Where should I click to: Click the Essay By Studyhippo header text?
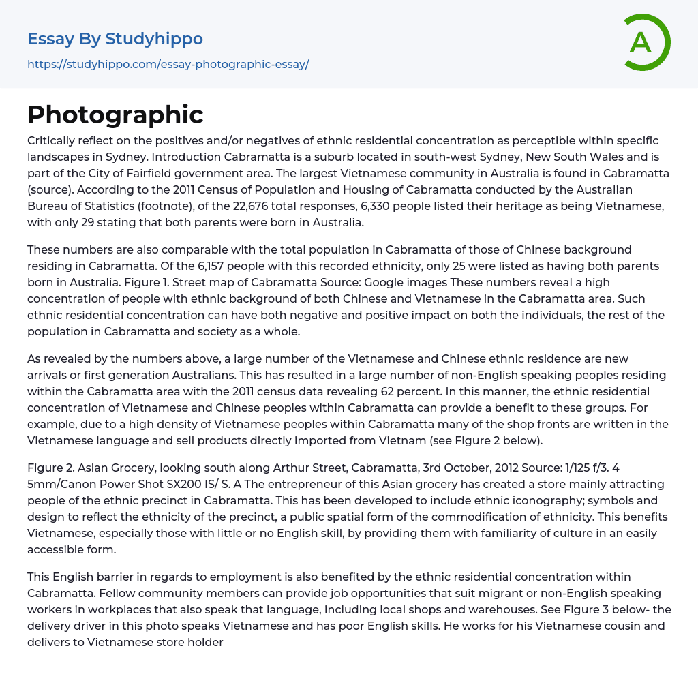tap(115, 39)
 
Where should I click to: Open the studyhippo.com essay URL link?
tap(168, 64)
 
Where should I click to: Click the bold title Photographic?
tap(115, 114)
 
